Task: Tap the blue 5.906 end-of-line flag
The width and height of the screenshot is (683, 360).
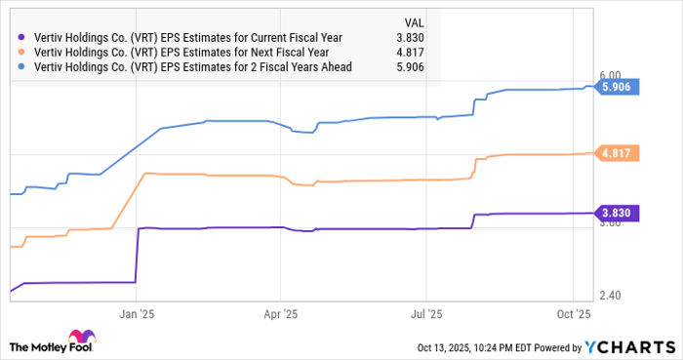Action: [617, 88]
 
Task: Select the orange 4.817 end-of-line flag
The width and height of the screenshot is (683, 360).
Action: [617, 153]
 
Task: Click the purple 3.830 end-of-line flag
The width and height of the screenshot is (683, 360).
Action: [617, 213]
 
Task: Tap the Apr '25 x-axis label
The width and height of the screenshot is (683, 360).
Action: [280, 314]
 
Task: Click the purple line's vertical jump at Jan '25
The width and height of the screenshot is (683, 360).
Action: [136, 256]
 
